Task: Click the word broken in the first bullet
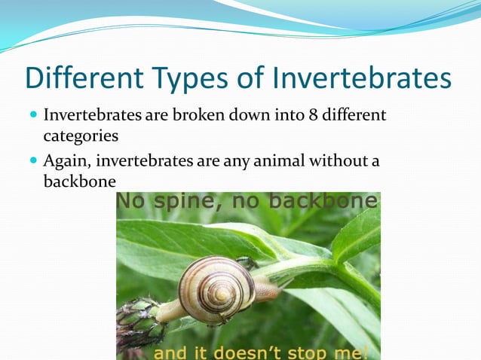199,117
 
